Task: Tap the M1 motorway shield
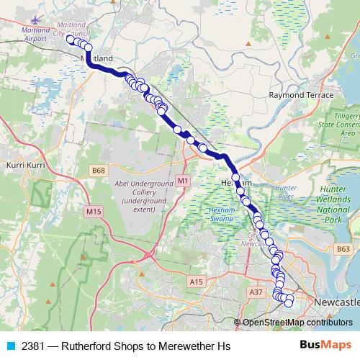coord(183,179)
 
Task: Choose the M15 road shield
coord(93,211)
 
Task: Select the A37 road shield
coord(255,292)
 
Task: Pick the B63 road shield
coord(343,248)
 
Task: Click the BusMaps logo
coord(325,345)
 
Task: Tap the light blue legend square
coord(11,346)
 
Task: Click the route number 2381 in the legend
coord(34,346)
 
